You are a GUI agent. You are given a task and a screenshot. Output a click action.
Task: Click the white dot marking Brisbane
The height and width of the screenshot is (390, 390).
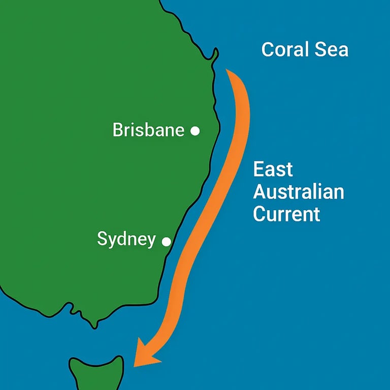194,131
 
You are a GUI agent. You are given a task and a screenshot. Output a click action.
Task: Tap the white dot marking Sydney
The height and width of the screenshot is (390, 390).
166,242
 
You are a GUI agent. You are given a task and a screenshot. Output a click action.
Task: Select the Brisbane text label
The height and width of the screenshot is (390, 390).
148,130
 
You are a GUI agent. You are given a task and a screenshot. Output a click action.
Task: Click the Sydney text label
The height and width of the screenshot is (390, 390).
126,239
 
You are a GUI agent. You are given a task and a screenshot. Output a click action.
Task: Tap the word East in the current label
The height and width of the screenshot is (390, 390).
273,170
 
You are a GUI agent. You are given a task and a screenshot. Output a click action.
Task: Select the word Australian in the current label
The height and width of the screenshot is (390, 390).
299,192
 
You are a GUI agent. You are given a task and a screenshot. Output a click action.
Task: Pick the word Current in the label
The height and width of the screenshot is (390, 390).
286,214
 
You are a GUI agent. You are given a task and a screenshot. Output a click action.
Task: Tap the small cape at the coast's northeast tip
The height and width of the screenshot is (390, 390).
216,52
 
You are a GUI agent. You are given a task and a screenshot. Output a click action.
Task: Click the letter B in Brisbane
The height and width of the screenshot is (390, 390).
118,130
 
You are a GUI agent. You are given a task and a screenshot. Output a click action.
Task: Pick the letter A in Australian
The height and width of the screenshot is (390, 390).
260,192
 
